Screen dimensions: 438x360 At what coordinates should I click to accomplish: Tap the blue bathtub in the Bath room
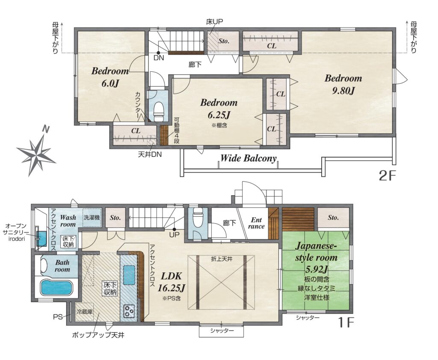pyautogui.click(x=57, y=288)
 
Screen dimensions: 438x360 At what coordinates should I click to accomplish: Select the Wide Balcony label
pyautogui.click(x=249, y=158)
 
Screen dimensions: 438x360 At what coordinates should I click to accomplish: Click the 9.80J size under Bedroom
pyautogui.click(x=343, y=91)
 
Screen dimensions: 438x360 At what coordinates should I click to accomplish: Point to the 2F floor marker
pyautogui.click(x=387, y=176)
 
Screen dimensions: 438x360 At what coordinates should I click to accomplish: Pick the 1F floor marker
pyautogui.click(x=346, y=322)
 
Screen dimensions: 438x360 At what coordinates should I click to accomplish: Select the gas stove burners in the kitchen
pyautogui.click(x=129, y=311)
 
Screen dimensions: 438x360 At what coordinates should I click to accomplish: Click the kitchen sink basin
pyautogui.click(x=129, y=275)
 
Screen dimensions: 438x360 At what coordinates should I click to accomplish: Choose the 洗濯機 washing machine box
pyautogui.click(x=92, y=217)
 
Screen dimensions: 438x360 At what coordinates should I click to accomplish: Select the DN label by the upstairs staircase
pyautogui.click(x=159, y=58)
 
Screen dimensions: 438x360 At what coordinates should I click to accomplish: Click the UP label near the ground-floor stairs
pyautogui.click(x=175, y=235)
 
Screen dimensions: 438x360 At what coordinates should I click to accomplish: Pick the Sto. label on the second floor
pyautogui.click(x=224, y=41)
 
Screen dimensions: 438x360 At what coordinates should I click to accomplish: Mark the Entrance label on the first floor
pyautogui.click(x=256, y=223)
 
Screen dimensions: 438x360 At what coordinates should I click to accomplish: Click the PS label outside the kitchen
pyautogui.click(x=58, y=317)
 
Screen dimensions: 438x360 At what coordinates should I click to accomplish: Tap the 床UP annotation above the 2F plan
pyautogui.click(x=214, y=22)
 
